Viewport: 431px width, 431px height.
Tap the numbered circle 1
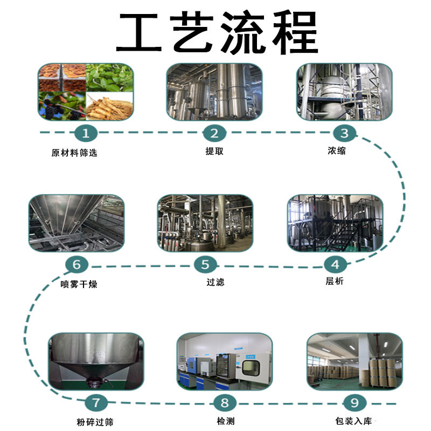click(x=86, y=133)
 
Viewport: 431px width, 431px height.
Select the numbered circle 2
click(x=214, y=133)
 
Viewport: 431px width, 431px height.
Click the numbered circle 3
click(x=344, y=133)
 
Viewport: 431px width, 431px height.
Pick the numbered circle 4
click(x=335, y=264)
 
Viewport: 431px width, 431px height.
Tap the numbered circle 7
click(x=96, y=402)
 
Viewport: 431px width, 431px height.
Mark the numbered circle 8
click(x=225, y=402)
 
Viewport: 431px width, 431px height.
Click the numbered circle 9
click(x=354, y=402)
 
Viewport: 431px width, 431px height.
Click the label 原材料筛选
click(x=74, y=152)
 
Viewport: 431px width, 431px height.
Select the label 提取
click(x=214, y=151)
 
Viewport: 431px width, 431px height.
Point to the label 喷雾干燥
click(x=79, y=284)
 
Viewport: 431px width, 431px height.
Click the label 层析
click(x=335, y=281)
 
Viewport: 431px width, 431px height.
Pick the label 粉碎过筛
click(x=95, y=422)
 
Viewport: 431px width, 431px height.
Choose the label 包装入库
click(x=353, y=421)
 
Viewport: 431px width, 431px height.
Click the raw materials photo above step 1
click(x=85, y=91)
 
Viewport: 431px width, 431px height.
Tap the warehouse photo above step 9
click(x=354, y=360)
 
